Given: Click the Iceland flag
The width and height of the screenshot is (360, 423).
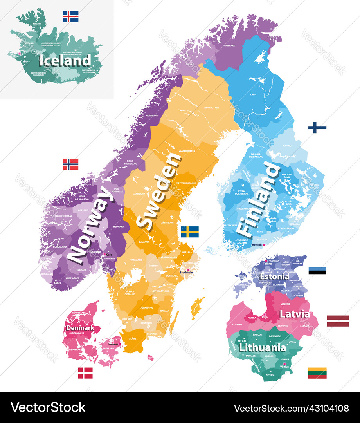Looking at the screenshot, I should [x=70, y=16].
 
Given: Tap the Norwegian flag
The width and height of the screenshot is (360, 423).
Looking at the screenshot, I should [x=70, y=164].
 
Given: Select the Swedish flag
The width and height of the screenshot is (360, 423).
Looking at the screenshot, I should [x=189, y=232].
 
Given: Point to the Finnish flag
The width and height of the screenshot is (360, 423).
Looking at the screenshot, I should [x=317, y=128].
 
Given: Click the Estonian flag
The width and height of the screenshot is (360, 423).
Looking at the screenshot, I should [x=317, y=270].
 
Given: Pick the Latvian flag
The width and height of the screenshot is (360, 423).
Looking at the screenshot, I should [x=338, y=321].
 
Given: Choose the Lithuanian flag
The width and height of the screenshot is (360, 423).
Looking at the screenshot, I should [x=317, y=373].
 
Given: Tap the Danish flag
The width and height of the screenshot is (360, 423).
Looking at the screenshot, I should [x=85, y=373].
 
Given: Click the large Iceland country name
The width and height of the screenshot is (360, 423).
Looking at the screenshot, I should [x=65, y=61].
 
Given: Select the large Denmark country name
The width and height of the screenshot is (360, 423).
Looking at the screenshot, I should [x=80, y=327].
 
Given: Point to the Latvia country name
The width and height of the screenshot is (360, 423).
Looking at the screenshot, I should [x=295, y=314].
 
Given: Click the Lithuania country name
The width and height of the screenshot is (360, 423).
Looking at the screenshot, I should [x=262, y=347].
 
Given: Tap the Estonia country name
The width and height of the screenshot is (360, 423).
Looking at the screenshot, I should [x=275, y=277].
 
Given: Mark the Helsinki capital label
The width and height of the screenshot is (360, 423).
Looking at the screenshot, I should [x=257, y=245].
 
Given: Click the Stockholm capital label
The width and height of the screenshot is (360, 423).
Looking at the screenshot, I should [x=187, y=272].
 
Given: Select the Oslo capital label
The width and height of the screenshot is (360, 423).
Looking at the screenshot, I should [x=109, y=255].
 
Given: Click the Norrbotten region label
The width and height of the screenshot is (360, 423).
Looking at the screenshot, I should [x=211, y=107].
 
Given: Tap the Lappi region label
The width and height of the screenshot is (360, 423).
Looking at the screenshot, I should [x=254, y=94].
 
